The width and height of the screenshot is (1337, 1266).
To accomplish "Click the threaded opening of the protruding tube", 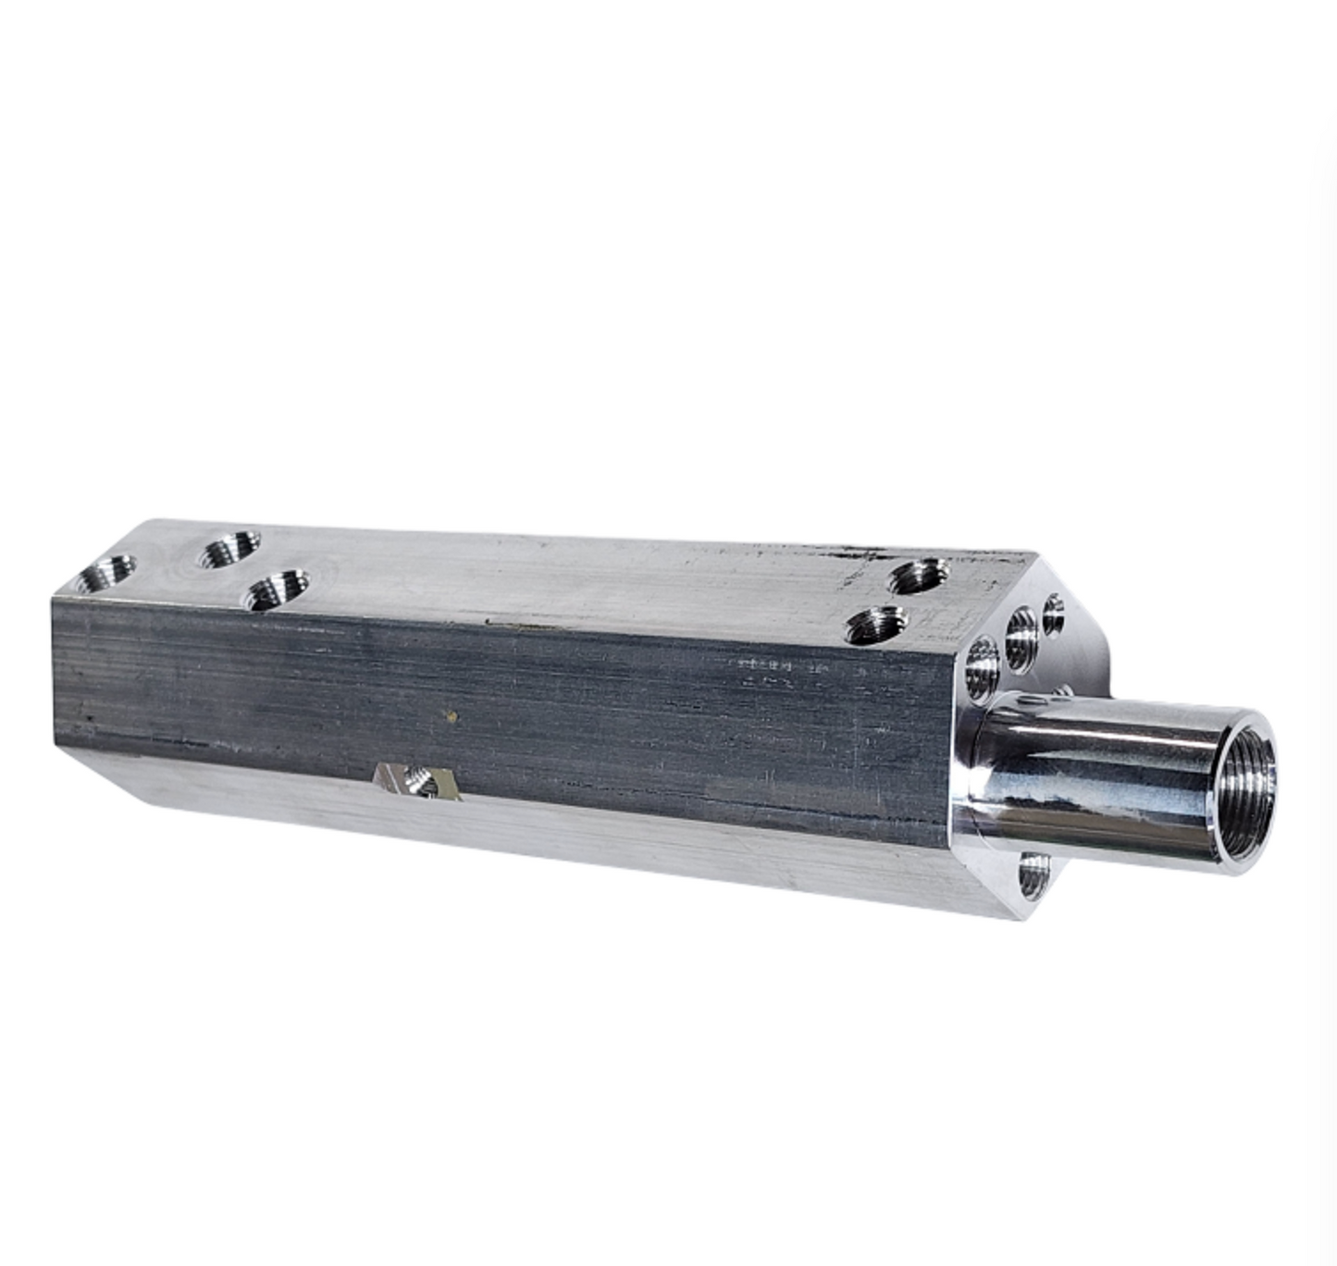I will pos(1244,791).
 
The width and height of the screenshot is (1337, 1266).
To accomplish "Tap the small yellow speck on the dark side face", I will pos(451,715).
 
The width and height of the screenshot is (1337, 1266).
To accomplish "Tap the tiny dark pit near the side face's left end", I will pos(90,716).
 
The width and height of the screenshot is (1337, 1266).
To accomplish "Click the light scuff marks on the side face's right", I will pos(768,671).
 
